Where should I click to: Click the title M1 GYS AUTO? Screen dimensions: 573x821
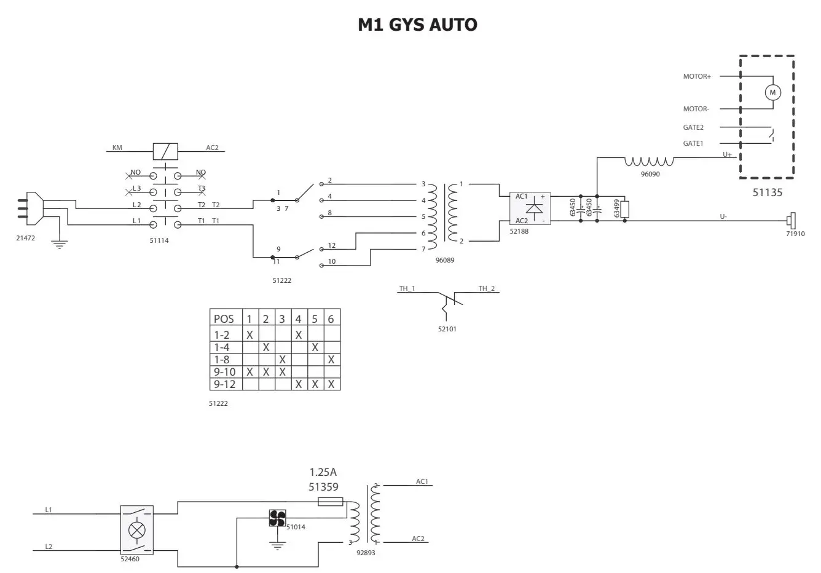pyautogui.click(x=417, y=25)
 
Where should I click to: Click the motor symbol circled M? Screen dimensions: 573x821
pyautogui.click(x=772, y=92)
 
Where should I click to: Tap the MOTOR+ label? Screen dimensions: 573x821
pyautogui.click(x=696, y=77)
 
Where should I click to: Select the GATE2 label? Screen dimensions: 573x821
pyautogui.click(x=693, y=127)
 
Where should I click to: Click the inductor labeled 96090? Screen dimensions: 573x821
pyautogui.click(x=649, y=162)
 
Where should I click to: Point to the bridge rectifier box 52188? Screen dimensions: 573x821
pyautogui.click(x=530, y=208)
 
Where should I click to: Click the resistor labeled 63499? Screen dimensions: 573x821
pyautogui.click(x=625, y=209)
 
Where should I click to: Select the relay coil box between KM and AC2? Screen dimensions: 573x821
pyautogui.click(x=165, y=151)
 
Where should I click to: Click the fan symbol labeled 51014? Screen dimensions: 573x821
pyautogui.click(x=277, y=518)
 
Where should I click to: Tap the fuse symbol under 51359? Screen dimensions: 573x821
pyautogui.click(x=330, y=502)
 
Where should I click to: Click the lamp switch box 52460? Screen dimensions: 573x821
pyautogui.click(x=136, y=529)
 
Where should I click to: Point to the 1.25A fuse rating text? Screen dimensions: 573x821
pyautogui.click(x=323, y=472)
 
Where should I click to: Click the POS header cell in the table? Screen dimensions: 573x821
pyautogui.click(x=224, y=318)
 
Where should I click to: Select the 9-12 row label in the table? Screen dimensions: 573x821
pyautogui.click(x=225, y=384)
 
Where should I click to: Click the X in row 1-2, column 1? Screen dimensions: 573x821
pyautogui.click(x=249, y=335)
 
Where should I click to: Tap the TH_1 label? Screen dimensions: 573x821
pyautogui.click(x=407, y=288)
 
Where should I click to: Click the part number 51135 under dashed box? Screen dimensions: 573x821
pyautogui.click(x=768, y=192)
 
